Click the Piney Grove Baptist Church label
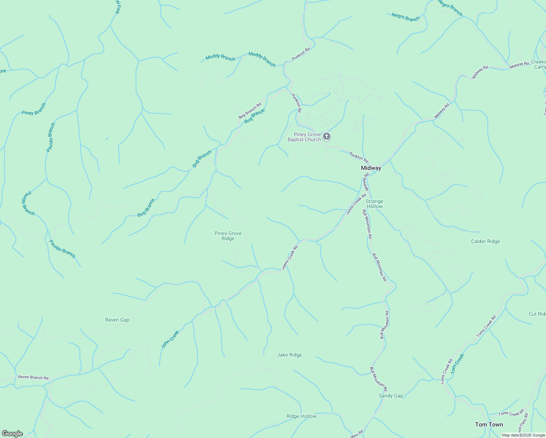click(x=304, y=137)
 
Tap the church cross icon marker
click(x=327, y=137)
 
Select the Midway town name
click(x=371, y=168)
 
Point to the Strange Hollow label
click(x=374, y=204)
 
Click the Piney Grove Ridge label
click(x=228, y=236)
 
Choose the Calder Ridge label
click(x=485, y=241)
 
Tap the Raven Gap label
click(x=117, y=320)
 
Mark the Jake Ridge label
click(x=289, y=355)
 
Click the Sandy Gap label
click(x=391, y=396)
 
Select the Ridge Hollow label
click(x=301, y=416)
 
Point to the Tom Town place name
click(x=489, y=424)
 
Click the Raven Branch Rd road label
click(x=33, y=377)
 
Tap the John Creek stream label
click(x=170, y=339)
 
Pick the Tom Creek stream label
click(x=457, y=363)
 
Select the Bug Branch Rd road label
click(x=250, y=111)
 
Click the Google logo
click(x=12, y=434)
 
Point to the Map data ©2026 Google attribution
click(x=523, y=435)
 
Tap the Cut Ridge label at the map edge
click(x=537, y=314)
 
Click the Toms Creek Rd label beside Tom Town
click(x=510, y=414)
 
